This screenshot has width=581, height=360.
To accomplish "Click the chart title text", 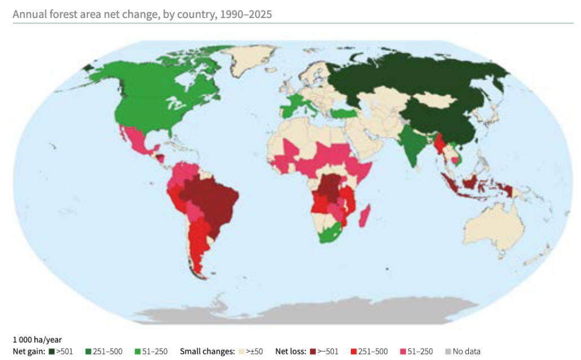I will click(x=142, y=14).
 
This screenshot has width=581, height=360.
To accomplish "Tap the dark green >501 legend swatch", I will click(x=51, y=351).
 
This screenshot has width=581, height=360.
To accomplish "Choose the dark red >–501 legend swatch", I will click(x=312, y=351).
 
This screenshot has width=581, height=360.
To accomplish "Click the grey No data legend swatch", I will click(x=448, y=351).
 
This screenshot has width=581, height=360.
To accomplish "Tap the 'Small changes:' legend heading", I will click(x=207, y=351).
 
